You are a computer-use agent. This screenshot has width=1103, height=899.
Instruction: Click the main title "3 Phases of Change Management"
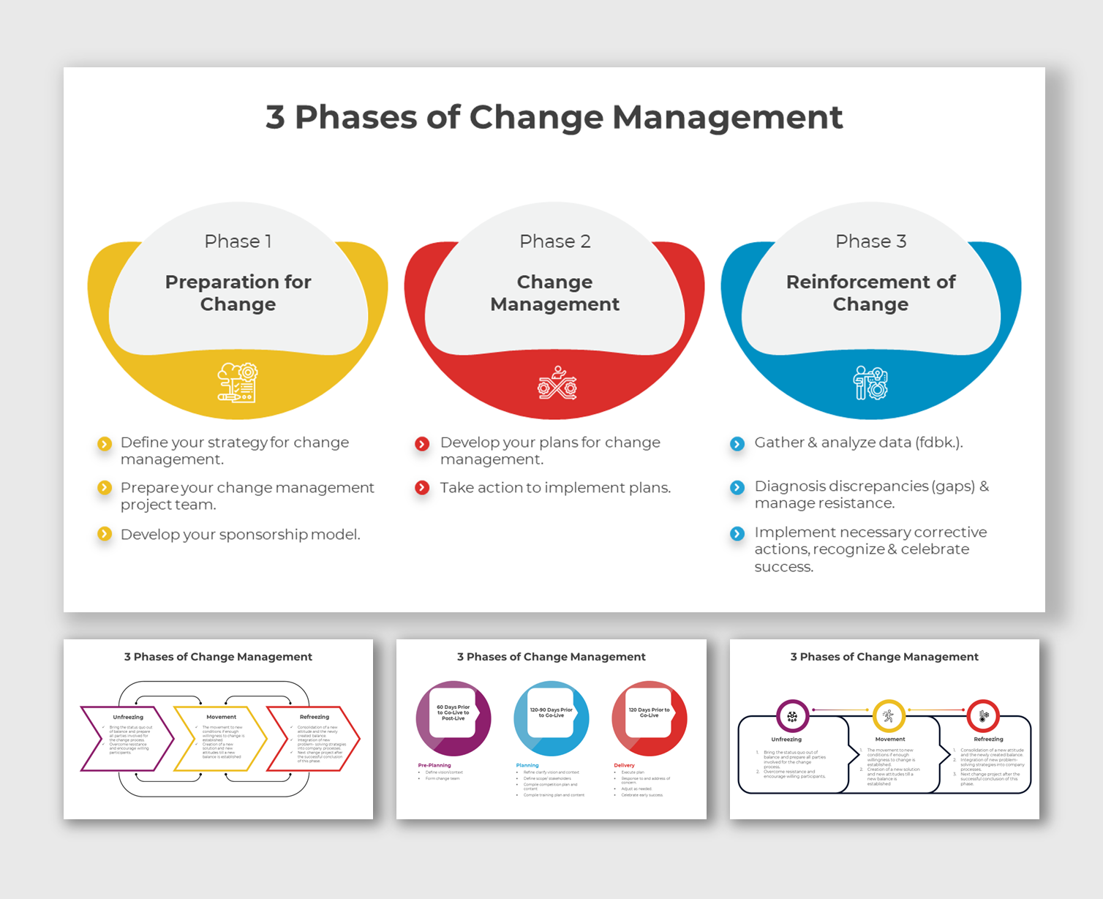[554, 117]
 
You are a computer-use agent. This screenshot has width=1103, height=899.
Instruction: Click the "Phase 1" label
[238, 241]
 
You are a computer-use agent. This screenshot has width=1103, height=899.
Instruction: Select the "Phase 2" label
[554, 241]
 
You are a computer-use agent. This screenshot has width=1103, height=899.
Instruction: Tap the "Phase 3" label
[870, 241]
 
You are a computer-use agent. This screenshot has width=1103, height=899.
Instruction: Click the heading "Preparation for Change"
[238, 293]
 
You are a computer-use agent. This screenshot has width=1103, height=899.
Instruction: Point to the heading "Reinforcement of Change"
[870, 293]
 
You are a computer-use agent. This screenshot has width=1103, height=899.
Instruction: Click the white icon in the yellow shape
[238, 383]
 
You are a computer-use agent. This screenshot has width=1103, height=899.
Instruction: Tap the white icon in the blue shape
[870, 383]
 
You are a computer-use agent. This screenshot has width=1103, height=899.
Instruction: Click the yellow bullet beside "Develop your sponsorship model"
[105, 534]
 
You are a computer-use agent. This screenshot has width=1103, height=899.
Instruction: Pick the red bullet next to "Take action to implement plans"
[422, 488]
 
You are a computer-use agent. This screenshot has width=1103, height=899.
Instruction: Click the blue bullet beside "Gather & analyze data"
[737, 443]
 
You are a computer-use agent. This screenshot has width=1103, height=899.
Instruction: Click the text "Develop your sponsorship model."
[240, 535]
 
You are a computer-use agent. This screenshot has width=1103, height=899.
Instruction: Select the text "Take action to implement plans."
[555, 488]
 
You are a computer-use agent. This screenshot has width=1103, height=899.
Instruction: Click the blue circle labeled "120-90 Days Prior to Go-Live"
[551, 718]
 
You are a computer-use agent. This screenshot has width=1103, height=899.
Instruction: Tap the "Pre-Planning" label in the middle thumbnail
[434, 765]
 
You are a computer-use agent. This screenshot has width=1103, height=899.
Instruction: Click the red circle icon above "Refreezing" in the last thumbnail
[983, 716]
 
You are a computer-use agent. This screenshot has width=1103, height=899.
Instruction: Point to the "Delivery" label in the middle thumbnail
[624, 765]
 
